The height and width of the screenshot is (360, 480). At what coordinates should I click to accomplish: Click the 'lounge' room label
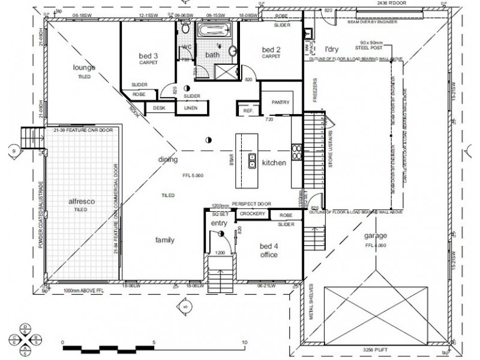(85, 67)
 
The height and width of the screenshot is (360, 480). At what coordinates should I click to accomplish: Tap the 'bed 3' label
(148, 56)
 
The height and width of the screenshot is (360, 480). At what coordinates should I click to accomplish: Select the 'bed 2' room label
(271, 49)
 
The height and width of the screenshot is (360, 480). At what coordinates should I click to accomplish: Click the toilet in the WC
(185, 29)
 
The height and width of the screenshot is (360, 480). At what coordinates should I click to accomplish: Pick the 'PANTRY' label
(280, 103)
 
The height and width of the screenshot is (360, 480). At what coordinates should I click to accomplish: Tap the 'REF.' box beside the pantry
(247, 111)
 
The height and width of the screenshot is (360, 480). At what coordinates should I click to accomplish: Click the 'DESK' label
(159, 108)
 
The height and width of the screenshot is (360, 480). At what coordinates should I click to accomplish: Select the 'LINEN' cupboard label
(191, 108)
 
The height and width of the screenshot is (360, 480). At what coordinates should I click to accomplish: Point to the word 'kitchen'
(274, 163)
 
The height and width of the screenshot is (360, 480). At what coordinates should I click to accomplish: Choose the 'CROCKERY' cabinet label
(252, 214)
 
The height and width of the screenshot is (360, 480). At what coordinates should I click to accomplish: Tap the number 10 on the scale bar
(244, 342)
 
